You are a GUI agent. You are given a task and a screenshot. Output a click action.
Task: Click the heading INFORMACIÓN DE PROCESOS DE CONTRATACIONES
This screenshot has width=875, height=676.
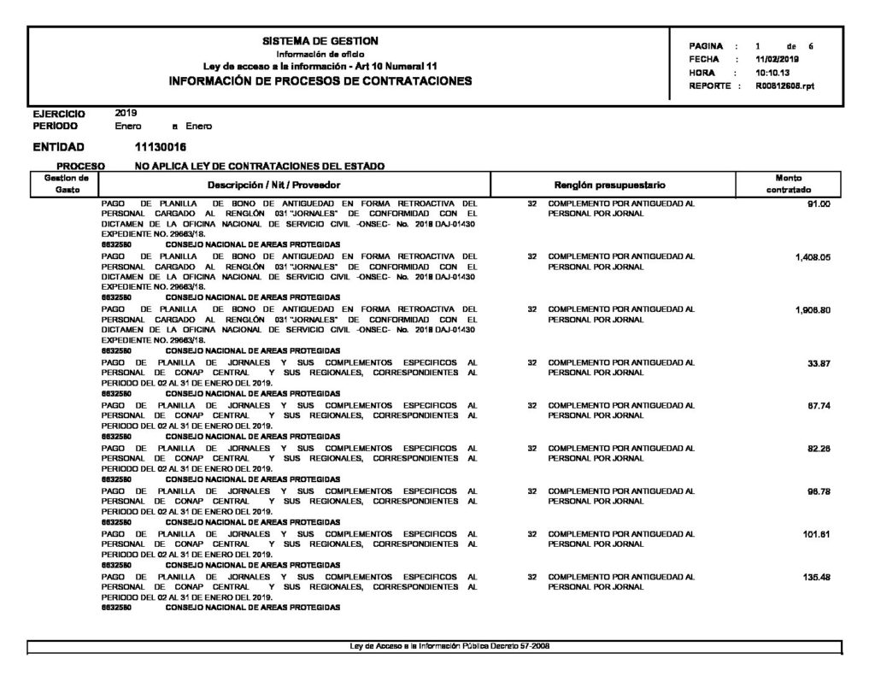pos(321,81)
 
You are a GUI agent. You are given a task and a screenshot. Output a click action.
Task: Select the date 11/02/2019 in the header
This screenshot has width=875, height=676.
pos(778,60)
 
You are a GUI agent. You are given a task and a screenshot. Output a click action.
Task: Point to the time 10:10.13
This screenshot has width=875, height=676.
pos(772,73)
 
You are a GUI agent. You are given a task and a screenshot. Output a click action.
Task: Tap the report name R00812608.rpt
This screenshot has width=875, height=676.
pos(785,86)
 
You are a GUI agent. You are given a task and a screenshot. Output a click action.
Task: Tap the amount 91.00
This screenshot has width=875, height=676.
pos(818,205)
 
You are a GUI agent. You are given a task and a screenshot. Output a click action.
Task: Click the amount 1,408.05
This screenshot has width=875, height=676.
pos(812,256)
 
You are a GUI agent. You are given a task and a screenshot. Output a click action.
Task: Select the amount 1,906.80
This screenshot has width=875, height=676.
pos(812,310)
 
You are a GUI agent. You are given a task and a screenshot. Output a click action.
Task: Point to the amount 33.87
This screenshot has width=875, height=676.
pos(819,364)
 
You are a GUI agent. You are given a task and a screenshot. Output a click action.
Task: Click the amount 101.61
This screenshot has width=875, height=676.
pos(817,534)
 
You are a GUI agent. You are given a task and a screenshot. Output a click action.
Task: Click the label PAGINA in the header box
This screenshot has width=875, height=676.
pos(706,46)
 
